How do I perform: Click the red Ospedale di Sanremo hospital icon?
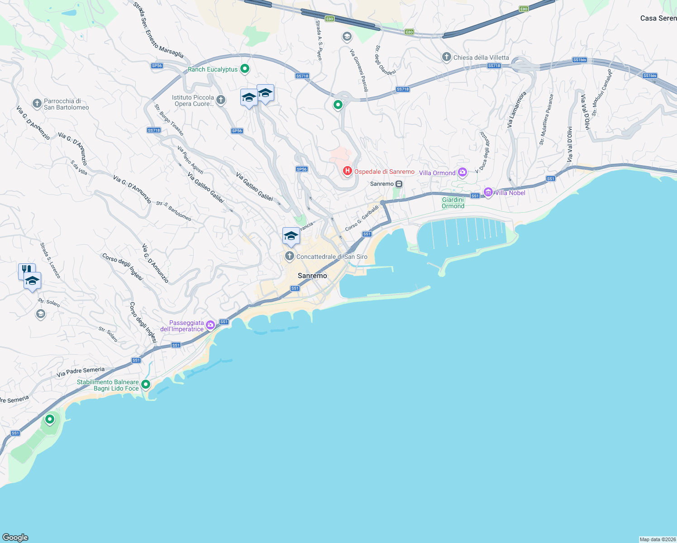coord(347,171)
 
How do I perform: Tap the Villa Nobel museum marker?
coord(488,192)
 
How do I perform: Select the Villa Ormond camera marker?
coord(462,172)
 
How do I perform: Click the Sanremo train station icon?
coord(399,184)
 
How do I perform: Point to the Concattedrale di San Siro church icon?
coord(289,257)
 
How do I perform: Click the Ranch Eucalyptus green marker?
coord(245,69)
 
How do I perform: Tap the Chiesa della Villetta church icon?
coord(446,57)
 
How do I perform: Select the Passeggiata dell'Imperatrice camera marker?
coord(210,325)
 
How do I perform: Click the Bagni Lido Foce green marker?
coord(146,385)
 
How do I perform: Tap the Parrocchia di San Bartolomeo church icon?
coord(37,104)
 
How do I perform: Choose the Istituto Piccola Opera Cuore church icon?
coord(221,100)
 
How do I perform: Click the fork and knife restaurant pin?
coord(26,271)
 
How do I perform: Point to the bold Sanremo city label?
coord(312,276)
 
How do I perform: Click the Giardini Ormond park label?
coord(453,203)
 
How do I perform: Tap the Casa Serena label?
coord(658,18)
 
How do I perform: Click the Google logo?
coord(15,537)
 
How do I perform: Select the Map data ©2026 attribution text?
coord(658,539)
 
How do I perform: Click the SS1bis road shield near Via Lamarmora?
coord(579,60)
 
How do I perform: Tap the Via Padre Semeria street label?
coord(81,372)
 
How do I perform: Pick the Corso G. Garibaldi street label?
coord(362,218)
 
